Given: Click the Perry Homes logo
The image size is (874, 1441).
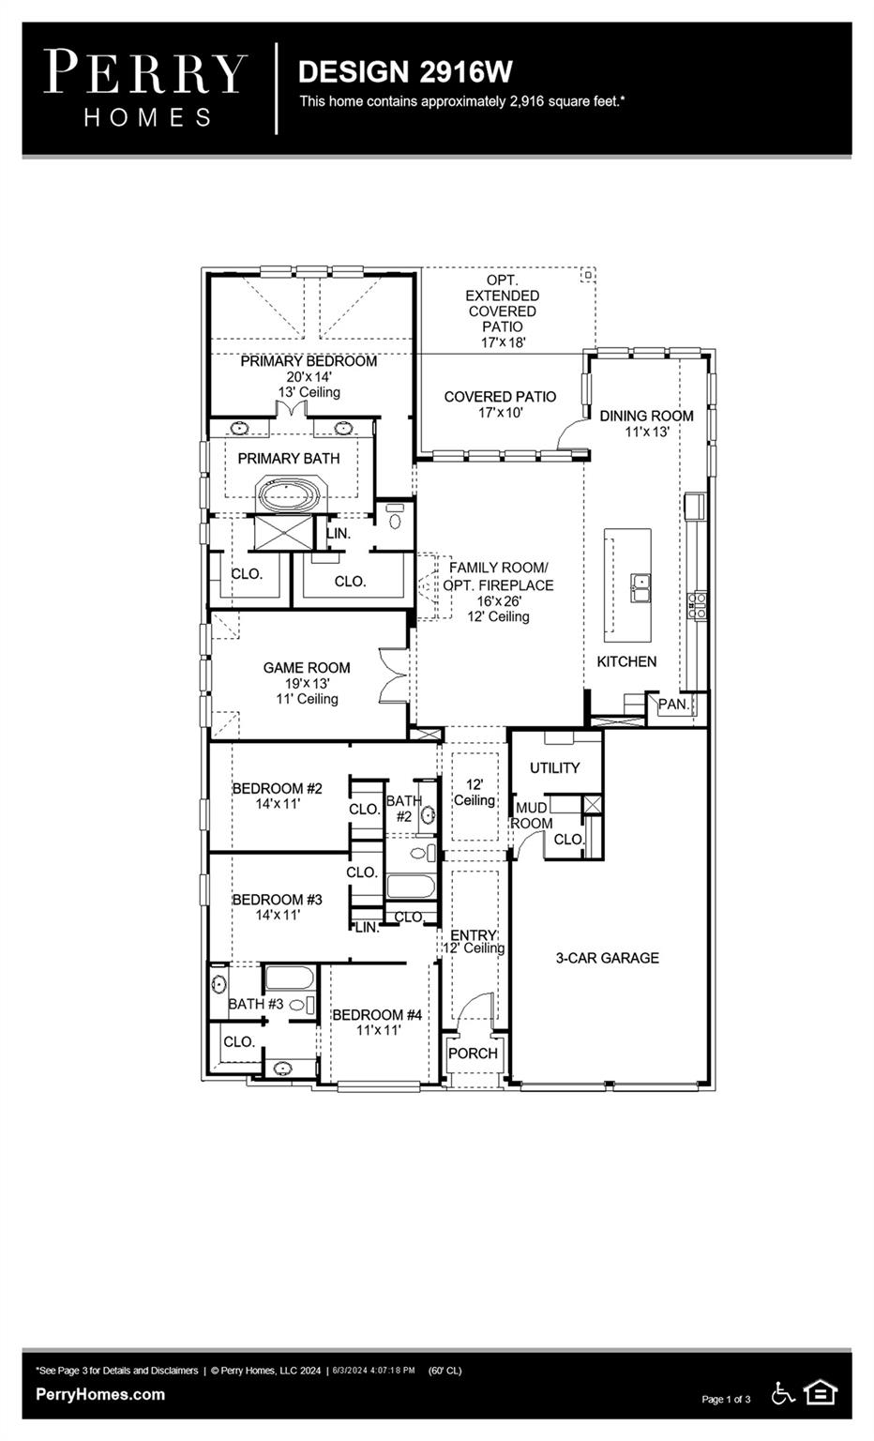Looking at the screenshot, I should click(x=146, y=88).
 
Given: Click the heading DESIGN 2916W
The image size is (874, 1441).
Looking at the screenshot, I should click(x=405, y=71).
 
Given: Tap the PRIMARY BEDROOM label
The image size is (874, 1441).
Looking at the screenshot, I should click(x=309, y=361).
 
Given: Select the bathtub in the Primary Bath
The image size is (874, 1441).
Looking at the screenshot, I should click(x=290, y=495).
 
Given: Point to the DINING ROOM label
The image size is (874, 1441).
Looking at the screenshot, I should click(x=647, y=416).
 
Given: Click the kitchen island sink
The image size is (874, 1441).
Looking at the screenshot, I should click(x=641, y=588).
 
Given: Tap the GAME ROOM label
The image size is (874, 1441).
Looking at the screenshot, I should click(x=307, y=668).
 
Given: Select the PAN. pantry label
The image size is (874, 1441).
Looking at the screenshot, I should click(x=673, y=704).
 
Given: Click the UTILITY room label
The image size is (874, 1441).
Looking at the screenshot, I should click(x=554, y=767).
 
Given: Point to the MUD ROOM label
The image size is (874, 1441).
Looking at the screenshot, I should click(x=532, y=815).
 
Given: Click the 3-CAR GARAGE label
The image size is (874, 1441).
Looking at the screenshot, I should click(x=607, y=958).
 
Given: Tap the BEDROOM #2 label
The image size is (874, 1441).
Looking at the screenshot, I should click(x=277, y=788).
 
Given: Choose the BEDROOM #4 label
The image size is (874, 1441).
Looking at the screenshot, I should click(x=377, y=1014).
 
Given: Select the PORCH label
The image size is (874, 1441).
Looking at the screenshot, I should click(x=473, y=1054).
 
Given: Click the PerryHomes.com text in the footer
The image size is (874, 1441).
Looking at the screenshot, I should click(x=100, y=1394).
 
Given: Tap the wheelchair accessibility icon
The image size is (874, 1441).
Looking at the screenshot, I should click(x=782, y=1393).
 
